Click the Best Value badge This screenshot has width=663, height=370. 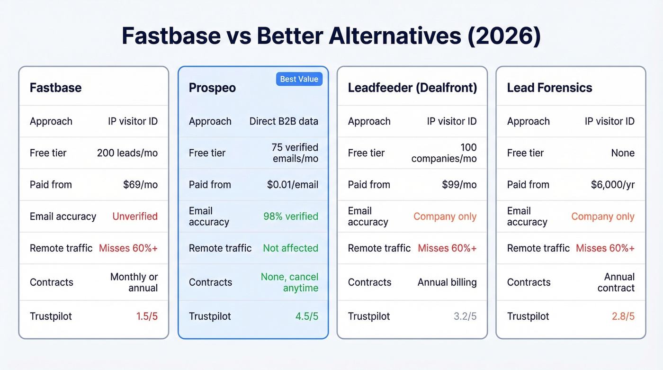[299, 79]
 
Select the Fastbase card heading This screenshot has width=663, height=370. [55, 88]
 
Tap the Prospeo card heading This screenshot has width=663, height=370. [212, 88]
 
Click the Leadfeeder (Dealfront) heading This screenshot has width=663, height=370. [412, 88]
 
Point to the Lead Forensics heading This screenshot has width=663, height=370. [549, 88]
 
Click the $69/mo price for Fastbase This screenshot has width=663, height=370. [140, 185]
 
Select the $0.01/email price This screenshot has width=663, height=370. [292, 185]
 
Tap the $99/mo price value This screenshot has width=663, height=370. [458, 185]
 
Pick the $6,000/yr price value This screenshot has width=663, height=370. [612, 185]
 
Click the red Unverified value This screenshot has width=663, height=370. [135, 217]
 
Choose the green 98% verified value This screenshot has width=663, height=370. [291, 217]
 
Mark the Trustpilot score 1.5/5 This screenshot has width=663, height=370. [147, 316]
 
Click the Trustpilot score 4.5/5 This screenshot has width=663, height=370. [306, 316]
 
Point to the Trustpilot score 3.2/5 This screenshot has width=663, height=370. [465, 316]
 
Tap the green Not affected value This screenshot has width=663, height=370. [291, 248]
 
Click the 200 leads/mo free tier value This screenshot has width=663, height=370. [127, 153]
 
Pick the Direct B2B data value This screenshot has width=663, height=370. [284, 121]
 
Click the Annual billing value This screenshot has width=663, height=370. [447, 282]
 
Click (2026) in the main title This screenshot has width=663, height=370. [503, 36]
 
